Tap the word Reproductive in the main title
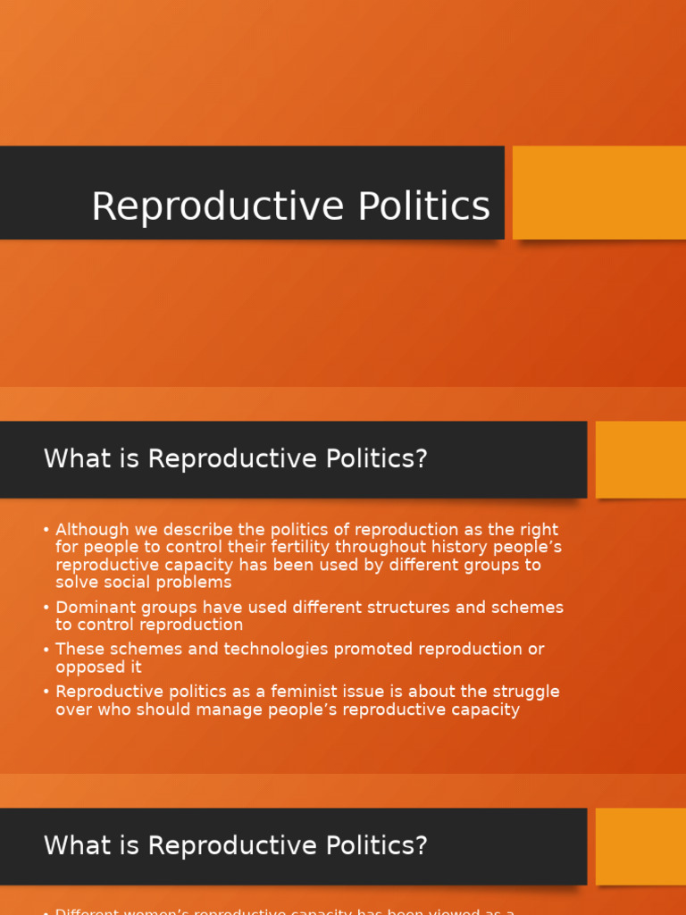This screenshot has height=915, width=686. [x=219, y=206]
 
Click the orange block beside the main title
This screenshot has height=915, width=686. [x=598, y=193]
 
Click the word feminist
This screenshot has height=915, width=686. [x=301, y=692]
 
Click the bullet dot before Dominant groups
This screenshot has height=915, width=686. [x=46, y=608]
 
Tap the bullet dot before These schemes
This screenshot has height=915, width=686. [x=46, y=650]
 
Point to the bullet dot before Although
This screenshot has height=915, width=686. [x=46, y=530]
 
